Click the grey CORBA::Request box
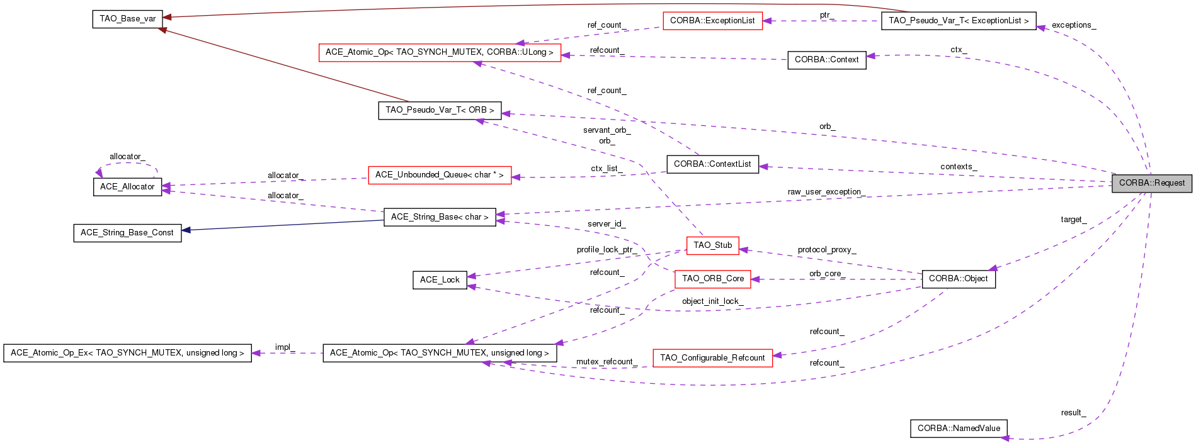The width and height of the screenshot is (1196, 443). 1151,183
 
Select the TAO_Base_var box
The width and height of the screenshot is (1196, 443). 128,19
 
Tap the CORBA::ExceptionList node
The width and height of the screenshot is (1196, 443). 712,21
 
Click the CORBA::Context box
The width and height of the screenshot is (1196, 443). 826,60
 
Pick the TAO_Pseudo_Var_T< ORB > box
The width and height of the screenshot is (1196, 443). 440,110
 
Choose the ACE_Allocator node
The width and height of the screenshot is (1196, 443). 127,187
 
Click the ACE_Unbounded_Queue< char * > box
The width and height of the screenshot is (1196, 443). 439,175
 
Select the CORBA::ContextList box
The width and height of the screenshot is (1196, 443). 712,164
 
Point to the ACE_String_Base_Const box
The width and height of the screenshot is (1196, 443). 127,233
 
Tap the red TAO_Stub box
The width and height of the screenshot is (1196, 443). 712,245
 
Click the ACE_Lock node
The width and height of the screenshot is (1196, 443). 440,280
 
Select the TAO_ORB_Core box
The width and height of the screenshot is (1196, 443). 712,279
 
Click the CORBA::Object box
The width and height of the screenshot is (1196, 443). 958,279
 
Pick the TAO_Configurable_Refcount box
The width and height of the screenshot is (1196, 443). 712,358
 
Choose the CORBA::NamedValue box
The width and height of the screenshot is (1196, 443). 959,429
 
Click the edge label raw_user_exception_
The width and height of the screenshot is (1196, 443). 826,192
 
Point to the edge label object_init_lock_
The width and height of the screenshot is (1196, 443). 712,301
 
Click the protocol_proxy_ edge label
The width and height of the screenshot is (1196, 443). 826,250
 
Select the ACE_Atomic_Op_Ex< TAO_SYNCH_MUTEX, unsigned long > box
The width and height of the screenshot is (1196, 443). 127,353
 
